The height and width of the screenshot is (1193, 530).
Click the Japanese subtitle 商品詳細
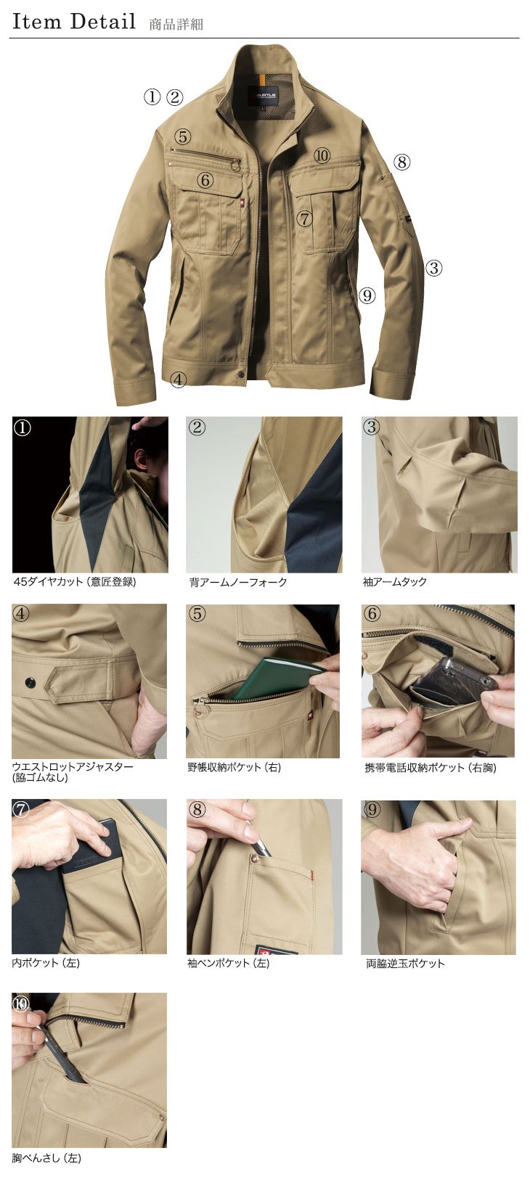point(176,24)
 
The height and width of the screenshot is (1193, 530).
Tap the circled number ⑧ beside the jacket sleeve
point(401,161)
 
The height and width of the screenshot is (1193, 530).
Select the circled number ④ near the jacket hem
point(179,380)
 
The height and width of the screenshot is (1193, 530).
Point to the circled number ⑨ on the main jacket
point(367,295)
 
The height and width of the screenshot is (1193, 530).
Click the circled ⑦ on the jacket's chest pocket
point(303,218)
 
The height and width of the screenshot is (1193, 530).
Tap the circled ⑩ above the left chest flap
point(322,155)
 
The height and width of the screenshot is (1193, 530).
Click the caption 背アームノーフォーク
point(237,582)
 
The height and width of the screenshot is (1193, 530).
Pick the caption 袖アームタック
point(395,582)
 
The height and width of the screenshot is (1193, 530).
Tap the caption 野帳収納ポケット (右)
point(234,768)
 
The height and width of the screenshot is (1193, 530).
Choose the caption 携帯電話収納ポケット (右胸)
point(431,768)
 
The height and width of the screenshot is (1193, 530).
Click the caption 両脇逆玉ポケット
point(405,963)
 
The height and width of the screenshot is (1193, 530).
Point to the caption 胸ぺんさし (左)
point(46,1158)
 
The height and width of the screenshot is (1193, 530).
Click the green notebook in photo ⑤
point(279,679)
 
